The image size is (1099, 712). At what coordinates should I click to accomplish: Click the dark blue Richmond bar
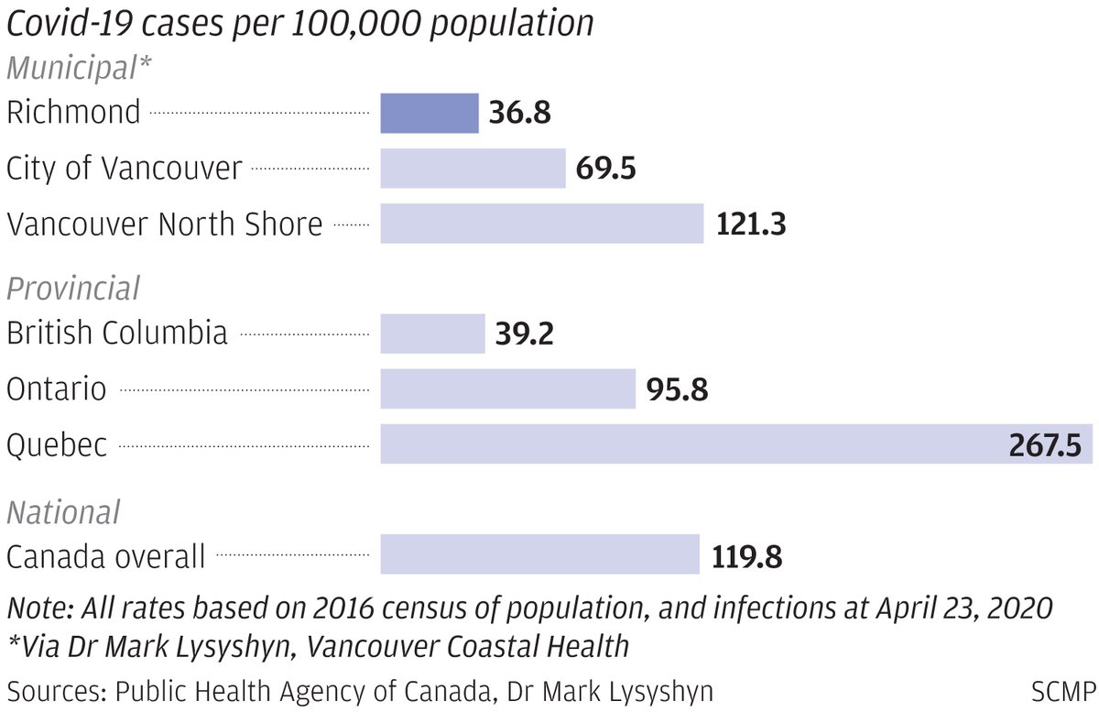click(x=430, y=113)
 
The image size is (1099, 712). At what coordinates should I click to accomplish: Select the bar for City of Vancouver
click(x=473, y=169)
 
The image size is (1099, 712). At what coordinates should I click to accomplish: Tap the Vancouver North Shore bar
click(x=541, y=224)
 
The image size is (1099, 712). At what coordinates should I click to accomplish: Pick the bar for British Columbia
click(x=432, y=334)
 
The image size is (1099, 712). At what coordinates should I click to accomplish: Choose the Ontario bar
click(x=507, y=389)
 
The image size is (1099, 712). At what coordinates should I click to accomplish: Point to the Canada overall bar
click(x=539, y=555)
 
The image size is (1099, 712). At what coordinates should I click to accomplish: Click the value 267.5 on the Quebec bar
click(x=1045, y=445)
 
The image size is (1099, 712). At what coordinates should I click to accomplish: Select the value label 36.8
click(x=519, y=114)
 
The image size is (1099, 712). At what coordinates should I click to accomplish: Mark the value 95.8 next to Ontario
click(x=677, y=390)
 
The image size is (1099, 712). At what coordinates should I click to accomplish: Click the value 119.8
click(x=746, y=556)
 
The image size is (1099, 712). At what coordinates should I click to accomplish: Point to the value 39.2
click(x=524, y=334)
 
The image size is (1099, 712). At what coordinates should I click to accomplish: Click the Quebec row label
click(x=57, y=446)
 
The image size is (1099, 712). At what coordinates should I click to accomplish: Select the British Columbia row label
click(x=116, y=333)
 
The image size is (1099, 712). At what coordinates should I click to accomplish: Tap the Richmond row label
click(x=73, y=113)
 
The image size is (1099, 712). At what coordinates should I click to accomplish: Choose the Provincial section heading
click(x=73, y=288)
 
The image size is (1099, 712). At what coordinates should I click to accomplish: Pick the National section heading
click(x=63, y=511)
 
